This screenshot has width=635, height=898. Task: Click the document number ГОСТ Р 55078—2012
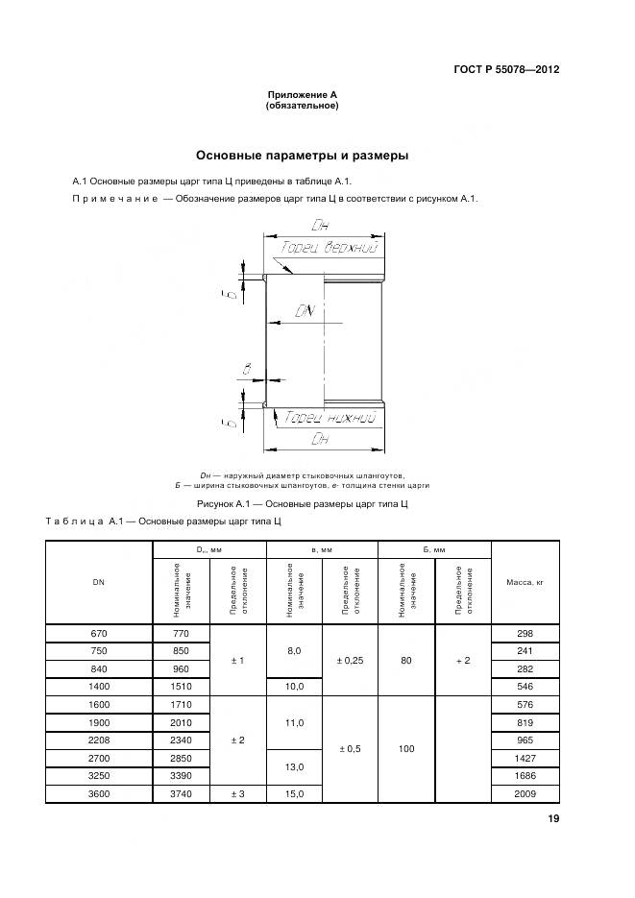pyautogui.click(x=506, y=70)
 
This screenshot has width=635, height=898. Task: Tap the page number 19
pyautogui.click(x=553, y=819)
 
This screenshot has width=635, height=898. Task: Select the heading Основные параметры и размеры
pyautogui.click(x=303, y=155)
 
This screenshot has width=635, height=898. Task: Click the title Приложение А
pyautogui.click(x=302, y=94)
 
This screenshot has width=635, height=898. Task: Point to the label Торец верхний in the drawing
pyautogui.click(x=330, y=248)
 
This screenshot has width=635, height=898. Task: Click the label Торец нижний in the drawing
pyautogui.click(x=325, y=417)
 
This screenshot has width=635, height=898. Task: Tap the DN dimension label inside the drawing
pyautogui.click(x=306, y=311)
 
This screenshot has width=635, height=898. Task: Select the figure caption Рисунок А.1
pyautogui.click(x=304, y=503)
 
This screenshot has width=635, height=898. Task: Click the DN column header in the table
pyautogui.click(x=98, y=582)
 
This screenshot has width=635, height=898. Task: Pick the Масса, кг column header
pyautogui.click(x=525, y=582)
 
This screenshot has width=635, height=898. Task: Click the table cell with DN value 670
pyautogui.click(x=98, y=634)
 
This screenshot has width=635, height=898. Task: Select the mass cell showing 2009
pyautogui.click(x=525, y=793)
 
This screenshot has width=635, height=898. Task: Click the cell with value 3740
pyautogui.click(x=180, y=793)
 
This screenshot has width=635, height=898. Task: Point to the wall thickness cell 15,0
pyautogui.click(x=294, y=793)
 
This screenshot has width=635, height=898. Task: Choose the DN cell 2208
pyautogui.click(x=98, y=740)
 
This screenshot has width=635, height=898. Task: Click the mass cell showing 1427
pyautogui.click(x=525, y=758)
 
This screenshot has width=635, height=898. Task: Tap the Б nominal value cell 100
pyautogui.click(x=406, y=748)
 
